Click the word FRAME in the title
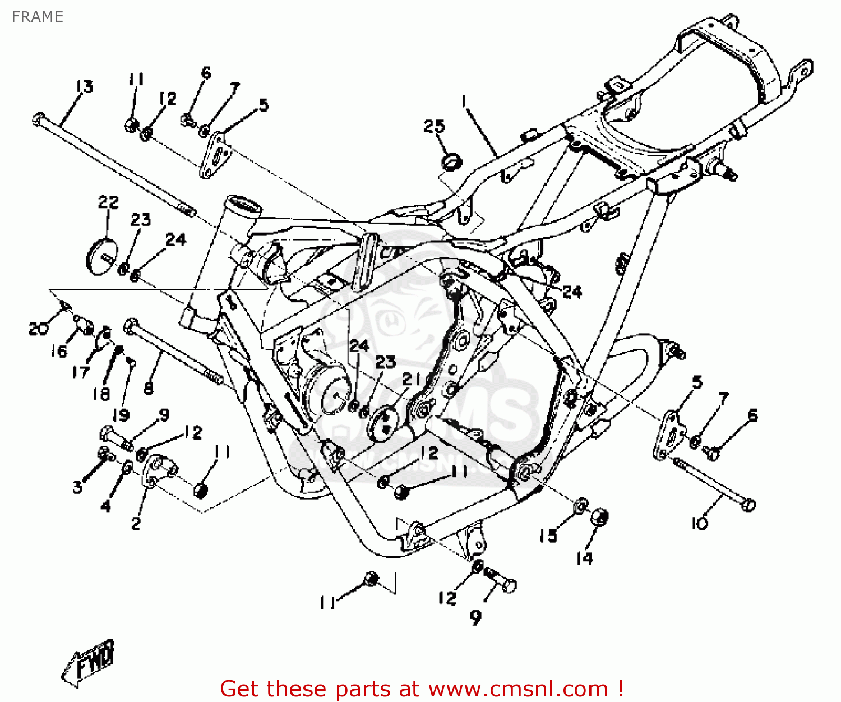click(37, 17)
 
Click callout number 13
click(84, 87)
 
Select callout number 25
click(434, 126)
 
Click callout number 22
click(108, 202)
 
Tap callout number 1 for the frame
click(464, 101)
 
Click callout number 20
click(38, 329)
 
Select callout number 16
click(58, 352)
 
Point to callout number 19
click(121, 415)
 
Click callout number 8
click(148, 388)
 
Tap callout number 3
click(77, 487)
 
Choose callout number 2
click(136, 524)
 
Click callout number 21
click(411, 380)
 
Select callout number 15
click(548, 536)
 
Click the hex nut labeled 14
click(599, 516)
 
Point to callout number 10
click(699, 524)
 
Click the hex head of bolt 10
click(748, 505)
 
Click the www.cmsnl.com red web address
click(518, 689)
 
